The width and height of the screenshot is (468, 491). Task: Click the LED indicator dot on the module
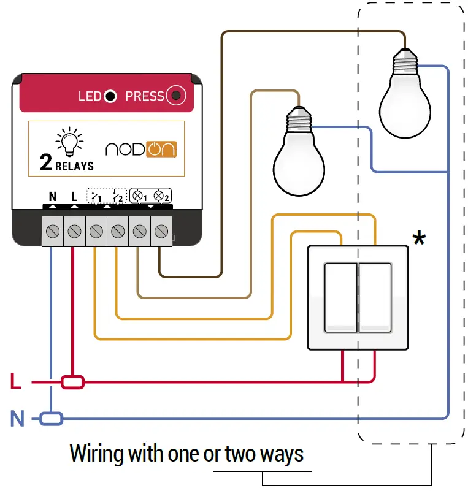click(110, 96)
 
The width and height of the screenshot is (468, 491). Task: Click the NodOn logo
click(141, 149)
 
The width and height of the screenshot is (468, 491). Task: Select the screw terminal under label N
click(52, 231)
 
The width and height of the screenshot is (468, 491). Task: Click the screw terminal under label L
click(74, 231)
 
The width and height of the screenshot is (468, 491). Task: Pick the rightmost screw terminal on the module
click(161, 231)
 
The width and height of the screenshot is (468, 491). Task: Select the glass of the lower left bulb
click(299, 165)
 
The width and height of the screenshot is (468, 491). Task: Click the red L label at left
click(16, 383)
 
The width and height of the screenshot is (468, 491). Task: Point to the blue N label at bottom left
click(17, 419)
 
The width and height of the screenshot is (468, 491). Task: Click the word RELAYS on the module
click(74, 166)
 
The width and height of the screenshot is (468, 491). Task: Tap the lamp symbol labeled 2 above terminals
click(161, 196)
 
